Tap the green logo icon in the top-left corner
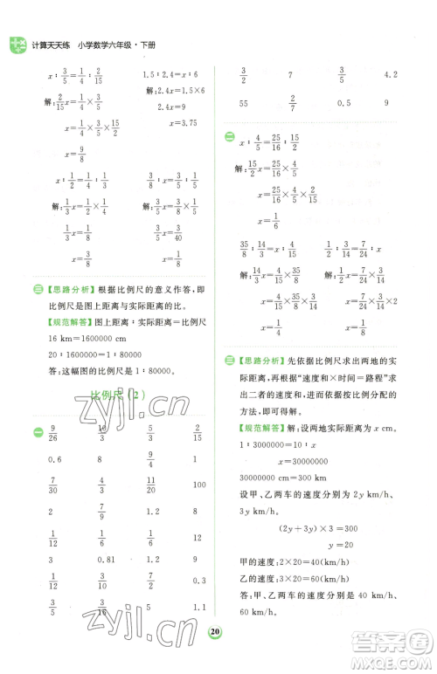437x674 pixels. coord(15,45)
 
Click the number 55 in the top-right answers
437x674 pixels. coord(242,103)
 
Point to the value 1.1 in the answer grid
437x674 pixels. coord(198,607)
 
